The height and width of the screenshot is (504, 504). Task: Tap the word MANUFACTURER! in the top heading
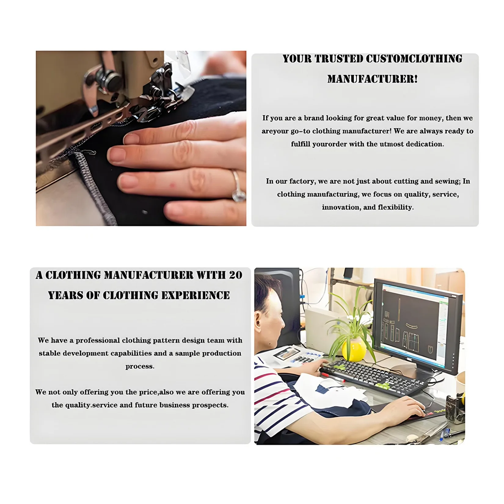[x=372, y=79]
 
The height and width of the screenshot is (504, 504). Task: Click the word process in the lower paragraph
[x=140, y=367]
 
